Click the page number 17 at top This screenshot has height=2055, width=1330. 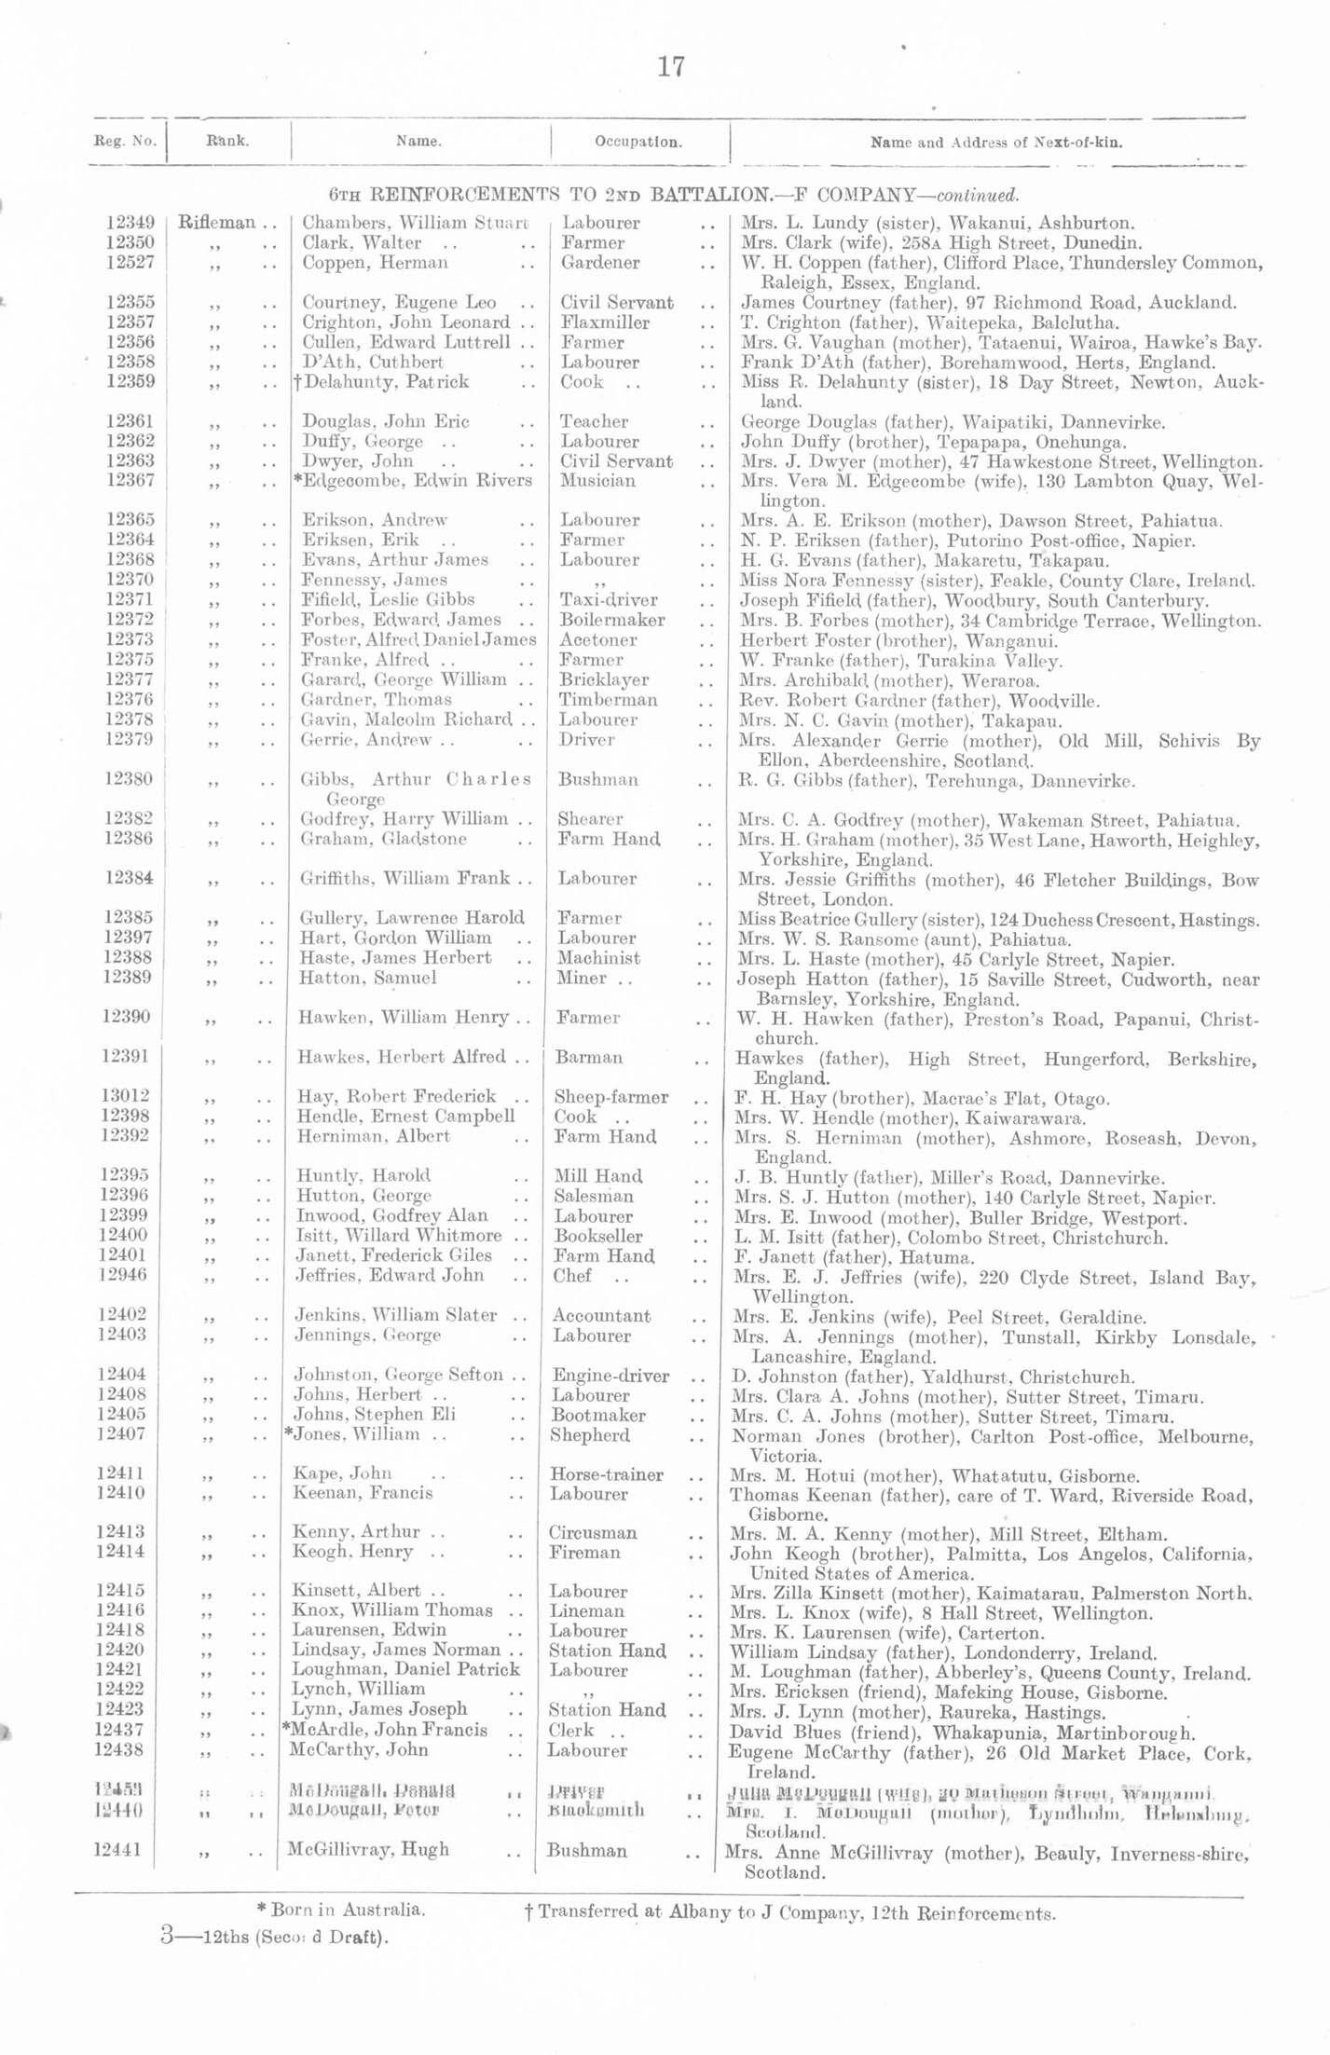point(671,67)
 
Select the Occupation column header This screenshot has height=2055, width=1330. point(638,144)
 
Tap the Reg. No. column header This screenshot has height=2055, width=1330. point(126,144)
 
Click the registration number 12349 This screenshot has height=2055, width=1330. point(130,224)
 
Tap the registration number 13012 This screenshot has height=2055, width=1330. point(125,1097)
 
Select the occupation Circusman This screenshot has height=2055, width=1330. point(593,1532)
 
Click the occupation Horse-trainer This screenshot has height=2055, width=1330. point(607,1474)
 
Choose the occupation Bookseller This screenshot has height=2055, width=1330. point(598,1236)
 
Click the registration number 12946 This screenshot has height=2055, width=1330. point(122,1275)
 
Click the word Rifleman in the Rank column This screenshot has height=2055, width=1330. point(216,224)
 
